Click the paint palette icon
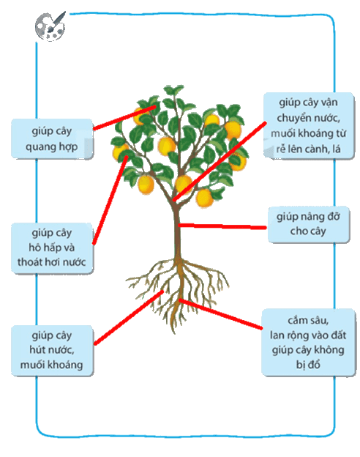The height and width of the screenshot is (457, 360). [50, 26]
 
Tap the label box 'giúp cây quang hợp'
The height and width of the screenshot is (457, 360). [52, 138]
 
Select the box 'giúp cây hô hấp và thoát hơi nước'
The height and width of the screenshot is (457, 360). [52, 248]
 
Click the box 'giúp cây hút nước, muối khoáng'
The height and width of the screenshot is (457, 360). [52, 350]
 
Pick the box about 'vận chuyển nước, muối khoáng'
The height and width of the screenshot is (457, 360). [309, 126]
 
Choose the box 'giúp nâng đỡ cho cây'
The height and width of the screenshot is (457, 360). [309, 224]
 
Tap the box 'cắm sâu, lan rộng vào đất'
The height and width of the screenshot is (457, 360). [309, 342]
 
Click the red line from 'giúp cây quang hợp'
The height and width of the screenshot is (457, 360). [124, 118]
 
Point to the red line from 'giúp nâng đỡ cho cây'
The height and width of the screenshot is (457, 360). [222, 226]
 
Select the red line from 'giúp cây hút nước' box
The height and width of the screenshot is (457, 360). [129, 317]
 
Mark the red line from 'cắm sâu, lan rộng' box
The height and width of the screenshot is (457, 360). [220, 314]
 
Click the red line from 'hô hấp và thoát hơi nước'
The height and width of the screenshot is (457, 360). [110, 200]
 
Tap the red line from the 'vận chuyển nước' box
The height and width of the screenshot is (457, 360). [219, 161]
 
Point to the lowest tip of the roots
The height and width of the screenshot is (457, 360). [174, 332]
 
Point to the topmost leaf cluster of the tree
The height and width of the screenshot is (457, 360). [173, 90]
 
